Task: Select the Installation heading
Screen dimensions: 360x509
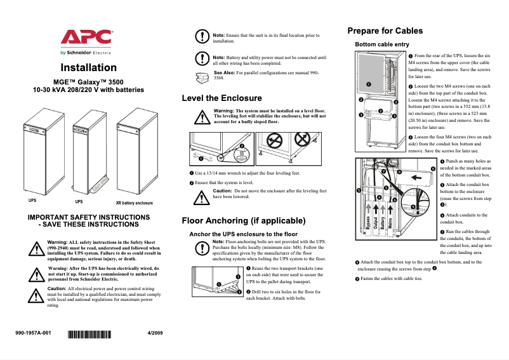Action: (88, 68)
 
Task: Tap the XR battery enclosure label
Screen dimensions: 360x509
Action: (134, 203)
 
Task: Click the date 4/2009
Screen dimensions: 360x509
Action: (155, 333)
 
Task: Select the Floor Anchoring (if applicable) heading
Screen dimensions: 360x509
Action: (244, 221)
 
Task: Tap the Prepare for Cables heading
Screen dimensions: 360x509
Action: (385, 30)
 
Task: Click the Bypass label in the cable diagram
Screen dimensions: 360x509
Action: (368, 223)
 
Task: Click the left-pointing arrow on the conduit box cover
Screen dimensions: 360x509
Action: (416, 178)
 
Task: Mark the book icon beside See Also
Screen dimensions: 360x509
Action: (202, 76)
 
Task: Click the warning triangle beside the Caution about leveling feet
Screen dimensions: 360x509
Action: (201, 197)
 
